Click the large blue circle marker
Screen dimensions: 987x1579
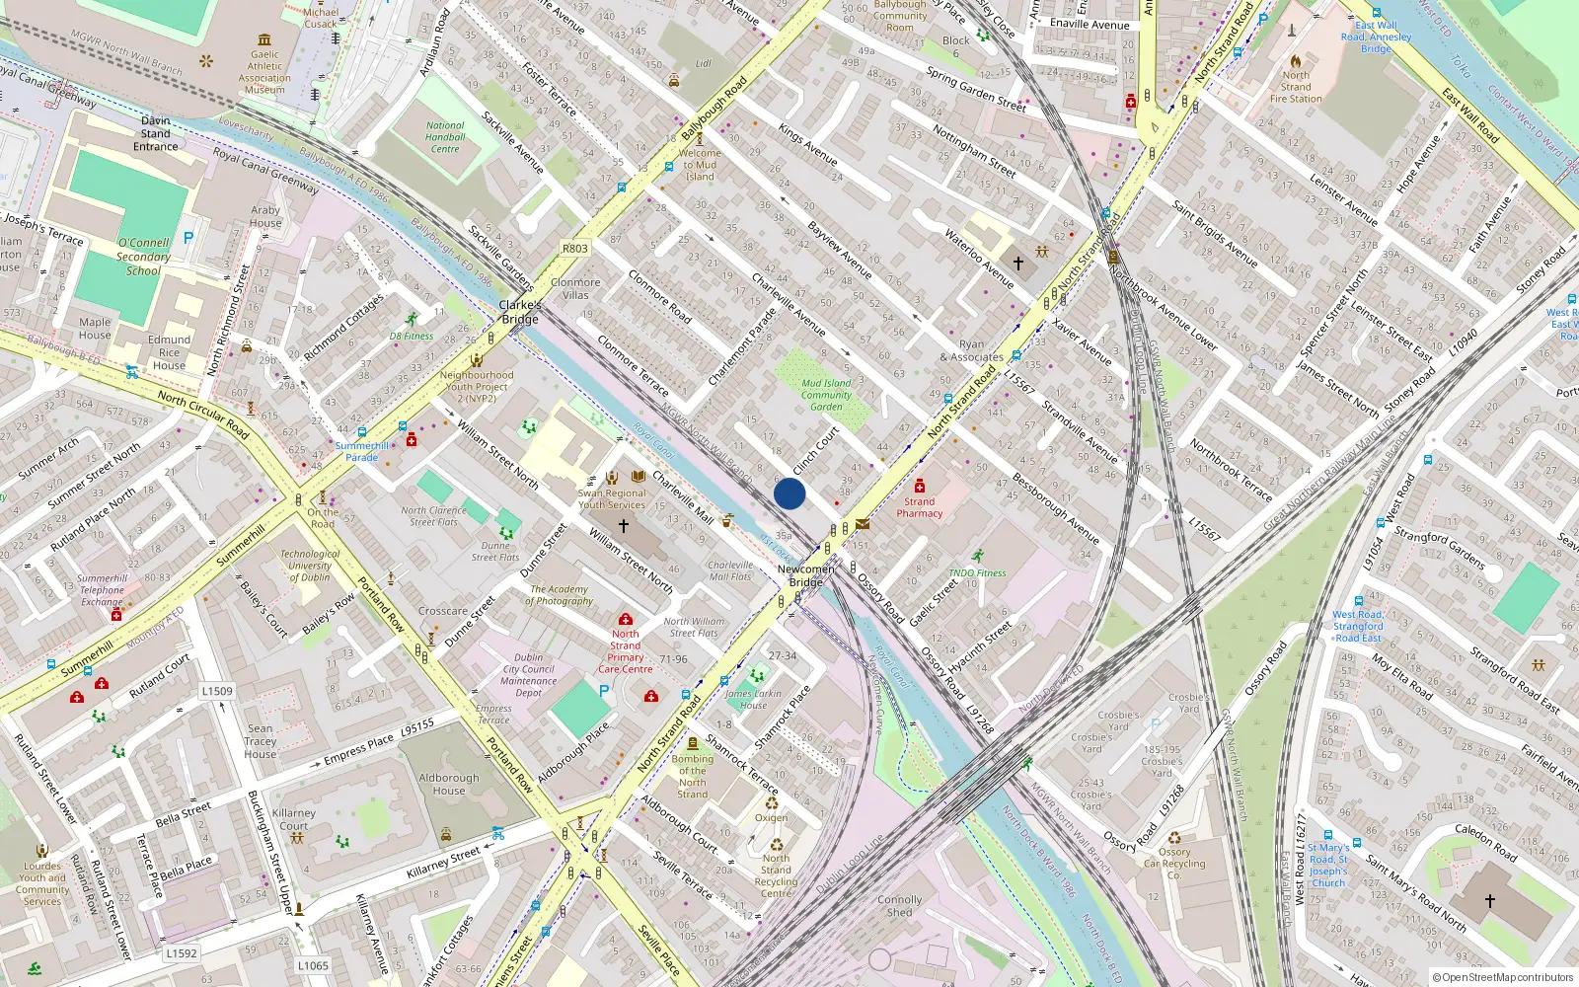789,493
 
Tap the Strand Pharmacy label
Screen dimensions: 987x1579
919,507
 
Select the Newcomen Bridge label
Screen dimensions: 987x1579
805,575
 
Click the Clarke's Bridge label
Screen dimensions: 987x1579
519,312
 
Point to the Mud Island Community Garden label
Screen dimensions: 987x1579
826,395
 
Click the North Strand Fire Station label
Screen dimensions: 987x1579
1296,87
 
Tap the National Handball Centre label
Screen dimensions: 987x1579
445,137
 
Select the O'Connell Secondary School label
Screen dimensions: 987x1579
143,257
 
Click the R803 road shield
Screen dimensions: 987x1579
574,249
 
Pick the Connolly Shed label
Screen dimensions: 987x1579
899,906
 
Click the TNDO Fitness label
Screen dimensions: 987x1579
977,572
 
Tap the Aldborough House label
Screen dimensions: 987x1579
448,784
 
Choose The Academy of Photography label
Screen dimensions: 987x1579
559,595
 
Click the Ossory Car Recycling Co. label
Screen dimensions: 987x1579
1174,863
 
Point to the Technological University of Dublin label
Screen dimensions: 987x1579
310,566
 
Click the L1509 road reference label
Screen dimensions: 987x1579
217,691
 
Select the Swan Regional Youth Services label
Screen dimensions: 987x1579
612,498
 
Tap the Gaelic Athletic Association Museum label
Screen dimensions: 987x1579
264,72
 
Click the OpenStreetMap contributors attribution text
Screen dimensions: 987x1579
1502,977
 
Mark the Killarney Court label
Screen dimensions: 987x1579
294,819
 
